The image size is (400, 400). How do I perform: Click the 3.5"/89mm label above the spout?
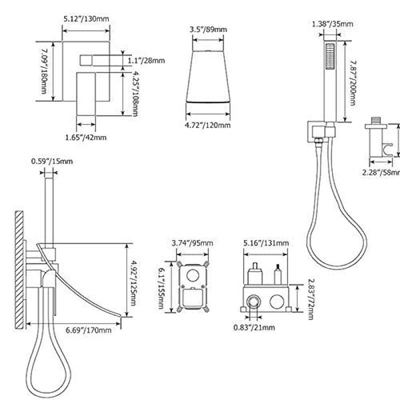click(x=207, y=29)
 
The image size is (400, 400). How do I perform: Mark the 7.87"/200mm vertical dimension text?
click(x=353, y=82)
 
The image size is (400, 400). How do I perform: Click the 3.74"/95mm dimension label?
click(x=192, y=243)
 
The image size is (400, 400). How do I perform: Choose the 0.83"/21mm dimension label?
click(x=254, y=327)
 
